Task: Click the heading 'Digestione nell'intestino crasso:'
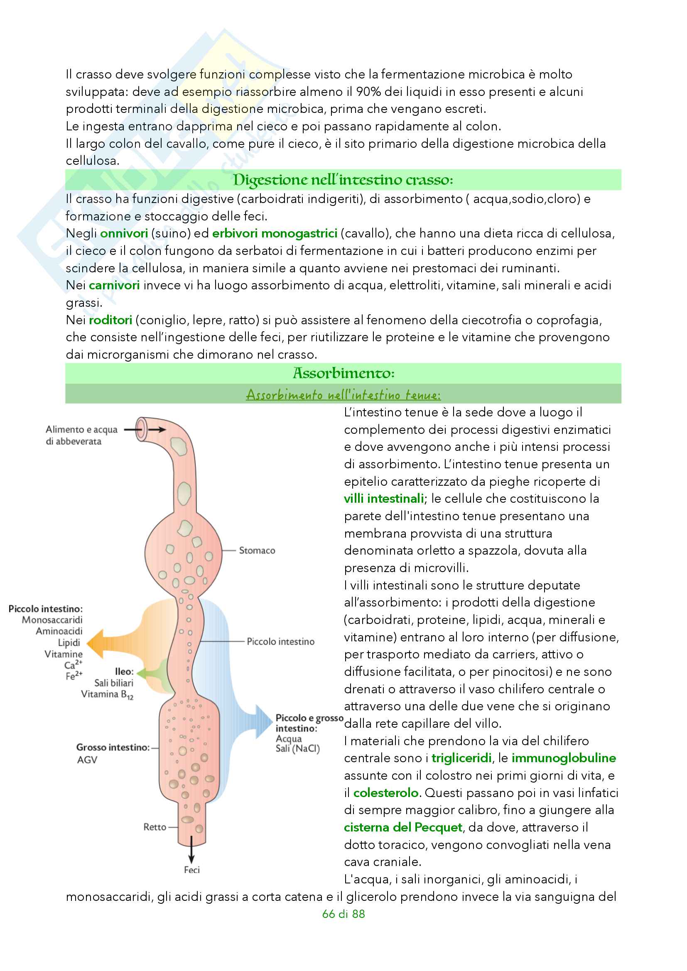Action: tap(343, 180)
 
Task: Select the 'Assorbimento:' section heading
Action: tap(343, 373)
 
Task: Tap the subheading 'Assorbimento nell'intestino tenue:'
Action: tap(343, 394)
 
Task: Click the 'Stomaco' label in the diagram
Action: tap(257, 550)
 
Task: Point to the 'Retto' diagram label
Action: tap(155, 827)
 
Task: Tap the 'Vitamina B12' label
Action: tap(107, 695)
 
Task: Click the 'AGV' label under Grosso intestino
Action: tap(87, 760)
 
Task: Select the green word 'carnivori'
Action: tap(114, 286)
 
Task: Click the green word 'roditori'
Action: tap(110, 320)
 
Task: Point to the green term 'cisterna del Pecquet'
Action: tap(403, 827)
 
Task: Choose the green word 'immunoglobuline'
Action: tap(564, 758)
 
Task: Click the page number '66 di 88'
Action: tap(343, 914)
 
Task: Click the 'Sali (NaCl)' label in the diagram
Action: tap(297, 748)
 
